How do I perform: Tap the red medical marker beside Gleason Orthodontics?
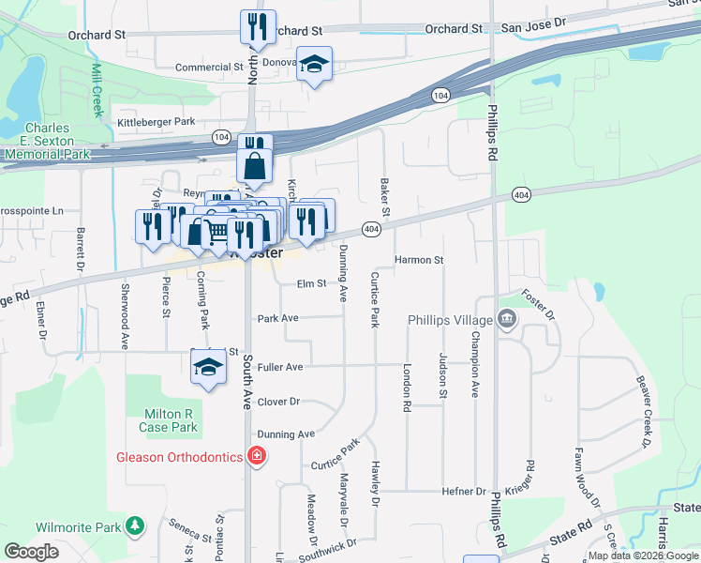point(257,457)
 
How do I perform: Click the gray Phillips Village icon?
point(507,320)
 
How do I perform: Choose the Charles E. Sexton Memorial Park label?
point(57,141)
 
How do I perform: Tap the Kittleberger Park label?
point(156,122)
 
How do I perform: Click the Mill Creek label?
point(97,91)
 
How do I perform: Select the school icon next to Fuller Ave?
point(209,368)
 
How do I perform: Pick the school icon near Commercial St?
point(315,64)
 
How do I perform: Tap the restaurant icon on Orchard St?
point(256,27)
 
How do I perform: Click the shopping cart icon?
point(217,232)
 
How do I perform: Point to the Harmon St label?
point(418,259)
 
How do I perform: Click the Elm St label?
point(310,282)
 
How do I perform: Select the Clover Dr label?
point(278,401)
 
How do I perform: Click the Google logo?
point(33,552)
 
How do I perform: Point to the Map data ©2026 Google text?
point(643,555)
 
